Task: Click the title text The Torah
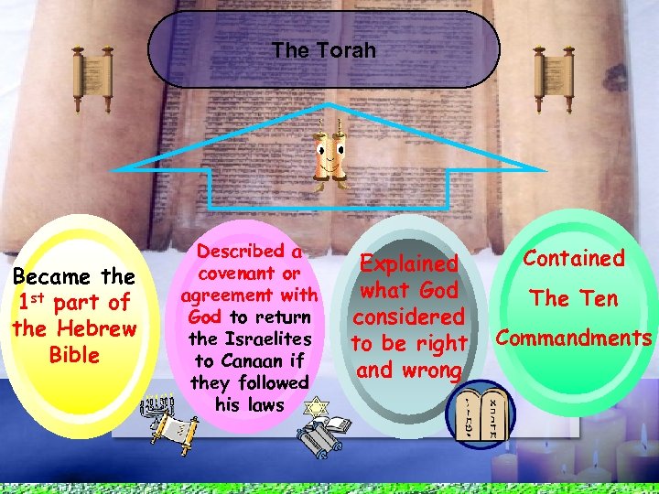[x=323, y=50]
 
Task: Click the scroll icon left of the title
[x=92, y=74]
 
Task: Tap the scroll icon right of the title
[x=553, y=74]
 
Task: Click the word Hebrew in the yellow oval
[x=96, y=328]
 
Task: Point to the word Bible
[x=75, y=354]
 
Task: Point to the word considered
[x=408, y=317]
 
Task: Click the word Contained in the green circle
[x=575, y=259]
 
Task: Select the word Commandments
[x=575, y=338]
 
